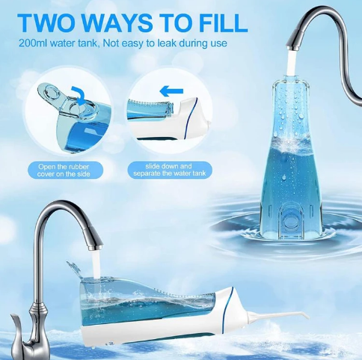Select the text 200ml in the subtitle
click(x=33, y=43)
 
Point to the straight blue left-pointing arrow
click(x=171, y=91)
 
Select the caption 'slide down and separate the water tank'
click(x=170, y=170)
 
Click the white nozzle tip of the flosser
click(x=305, y=314)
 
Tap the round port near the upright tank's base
click(x=289, y=220)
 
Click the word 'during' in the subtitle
click(x=194, y=43)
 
